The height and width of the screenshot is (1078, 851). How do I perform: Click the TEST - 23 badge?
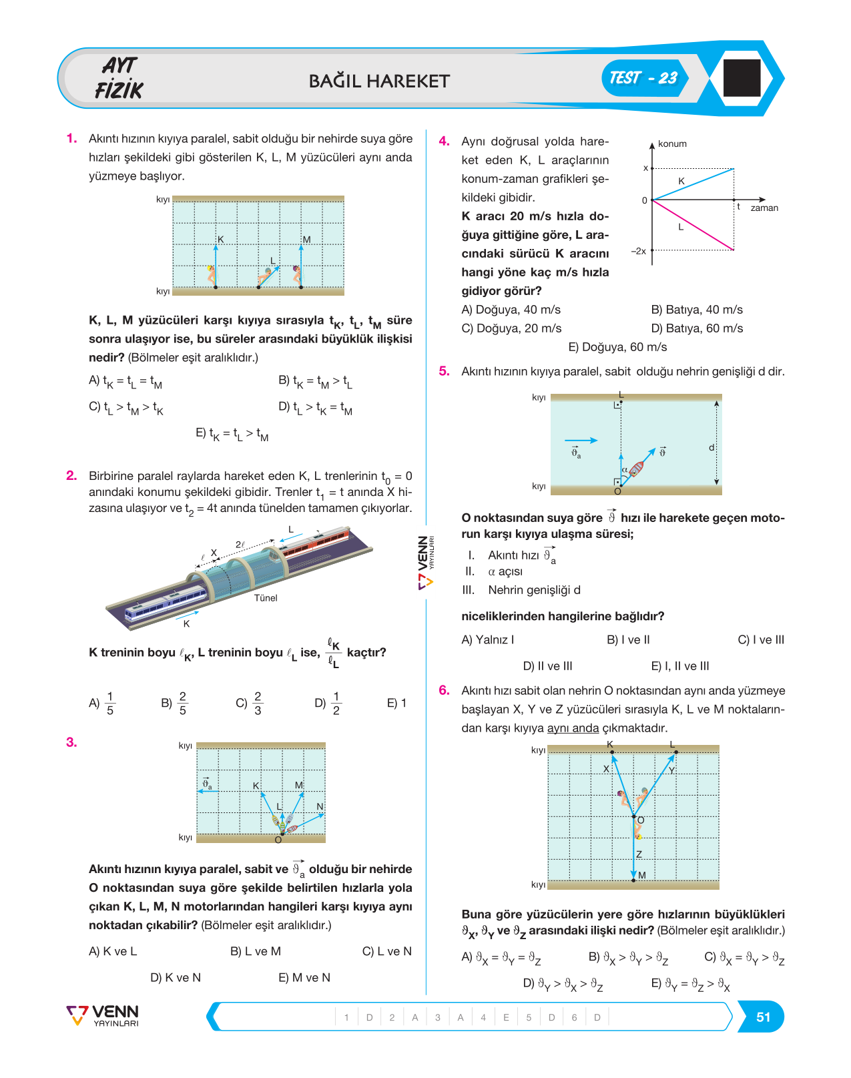[x=644, y=78]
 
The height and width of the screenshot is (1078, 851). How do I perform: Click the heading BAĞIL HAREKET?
[x=379, y=81]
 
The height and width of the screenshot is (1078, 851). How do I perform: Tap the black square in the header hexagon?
[x=742, y=77]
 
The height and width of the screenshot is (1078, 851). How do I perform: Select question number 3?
[x=71, y=742]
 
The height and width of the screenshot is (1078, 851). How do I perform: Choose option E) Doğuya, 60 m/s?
[x=617, y=346]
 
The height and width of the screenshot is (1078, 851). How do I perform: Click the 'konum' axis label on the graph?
[x=672, y=144]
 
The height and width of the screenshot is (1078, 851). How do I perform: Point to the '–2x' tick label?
[x=638, y=251]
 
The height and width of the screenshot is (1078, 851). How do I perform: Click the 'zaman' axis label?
[x=764, y=208]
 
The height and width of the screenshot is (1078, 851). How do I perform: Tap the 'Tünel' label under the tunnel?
[x=266, y=597]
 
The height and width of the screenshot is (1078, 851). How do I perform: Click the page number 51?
[x=763, y=1017]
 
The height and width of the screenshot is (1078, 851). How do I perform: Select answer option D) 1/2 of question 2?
[x=328, y=704]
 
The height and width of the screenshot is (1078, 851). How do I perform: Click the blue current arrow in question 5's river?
[x=581, y=441]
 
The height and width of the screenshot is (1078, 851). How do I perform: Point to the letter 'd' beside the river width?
[x=712, y=447]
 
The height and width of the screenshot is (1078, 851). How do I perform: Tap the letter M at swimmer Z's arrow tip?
[x=642, y=874]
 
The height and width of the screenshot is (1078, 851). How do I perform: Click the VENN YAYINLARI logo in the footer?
[x=103, y=1016]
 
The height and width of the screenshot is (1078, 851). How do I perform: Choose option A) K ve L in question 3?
[x=113, y=951]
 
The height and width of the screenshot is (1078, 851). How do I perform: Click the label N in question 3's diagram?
[x=320, y=806]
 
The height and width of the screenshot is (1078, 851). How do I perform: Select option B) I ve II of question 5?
[x=628, y=639]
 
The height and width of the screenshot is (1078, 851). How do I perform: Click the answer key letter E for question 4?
[x=506, y=1017]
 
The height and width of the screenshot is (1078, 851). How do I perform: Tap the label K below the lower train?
[x=186, y=623]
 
